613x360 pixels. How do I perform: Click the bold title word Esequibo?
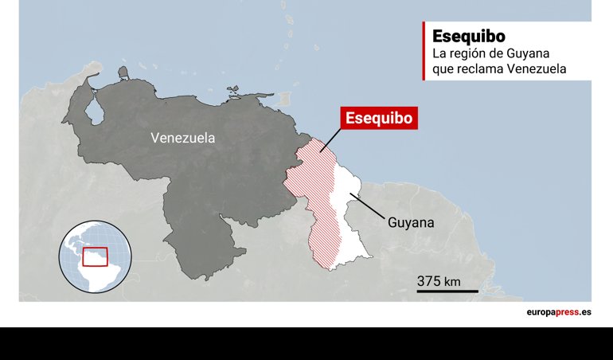point(469,37)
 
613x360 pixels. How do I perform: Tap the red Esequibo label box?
point(379,118)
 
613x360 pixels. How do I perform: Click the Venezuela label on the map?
point(182,138)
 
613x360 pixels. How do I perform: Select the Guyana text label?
point(411,223)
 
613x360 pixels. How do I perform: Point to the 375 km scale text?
point(439,280)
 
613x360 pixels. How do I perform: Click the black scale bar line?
point(447,292)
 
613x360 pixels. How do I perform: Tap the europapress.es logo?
point(558,313)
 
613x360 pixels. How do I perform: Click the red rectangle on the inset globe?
point(95,256)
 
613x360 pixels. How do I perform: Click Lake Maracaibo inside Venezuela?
point(94,111)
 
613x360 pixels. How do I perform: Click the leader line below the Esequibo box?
point(330,140)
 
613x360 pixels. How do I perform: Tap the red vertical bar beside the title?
point(424,51)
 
